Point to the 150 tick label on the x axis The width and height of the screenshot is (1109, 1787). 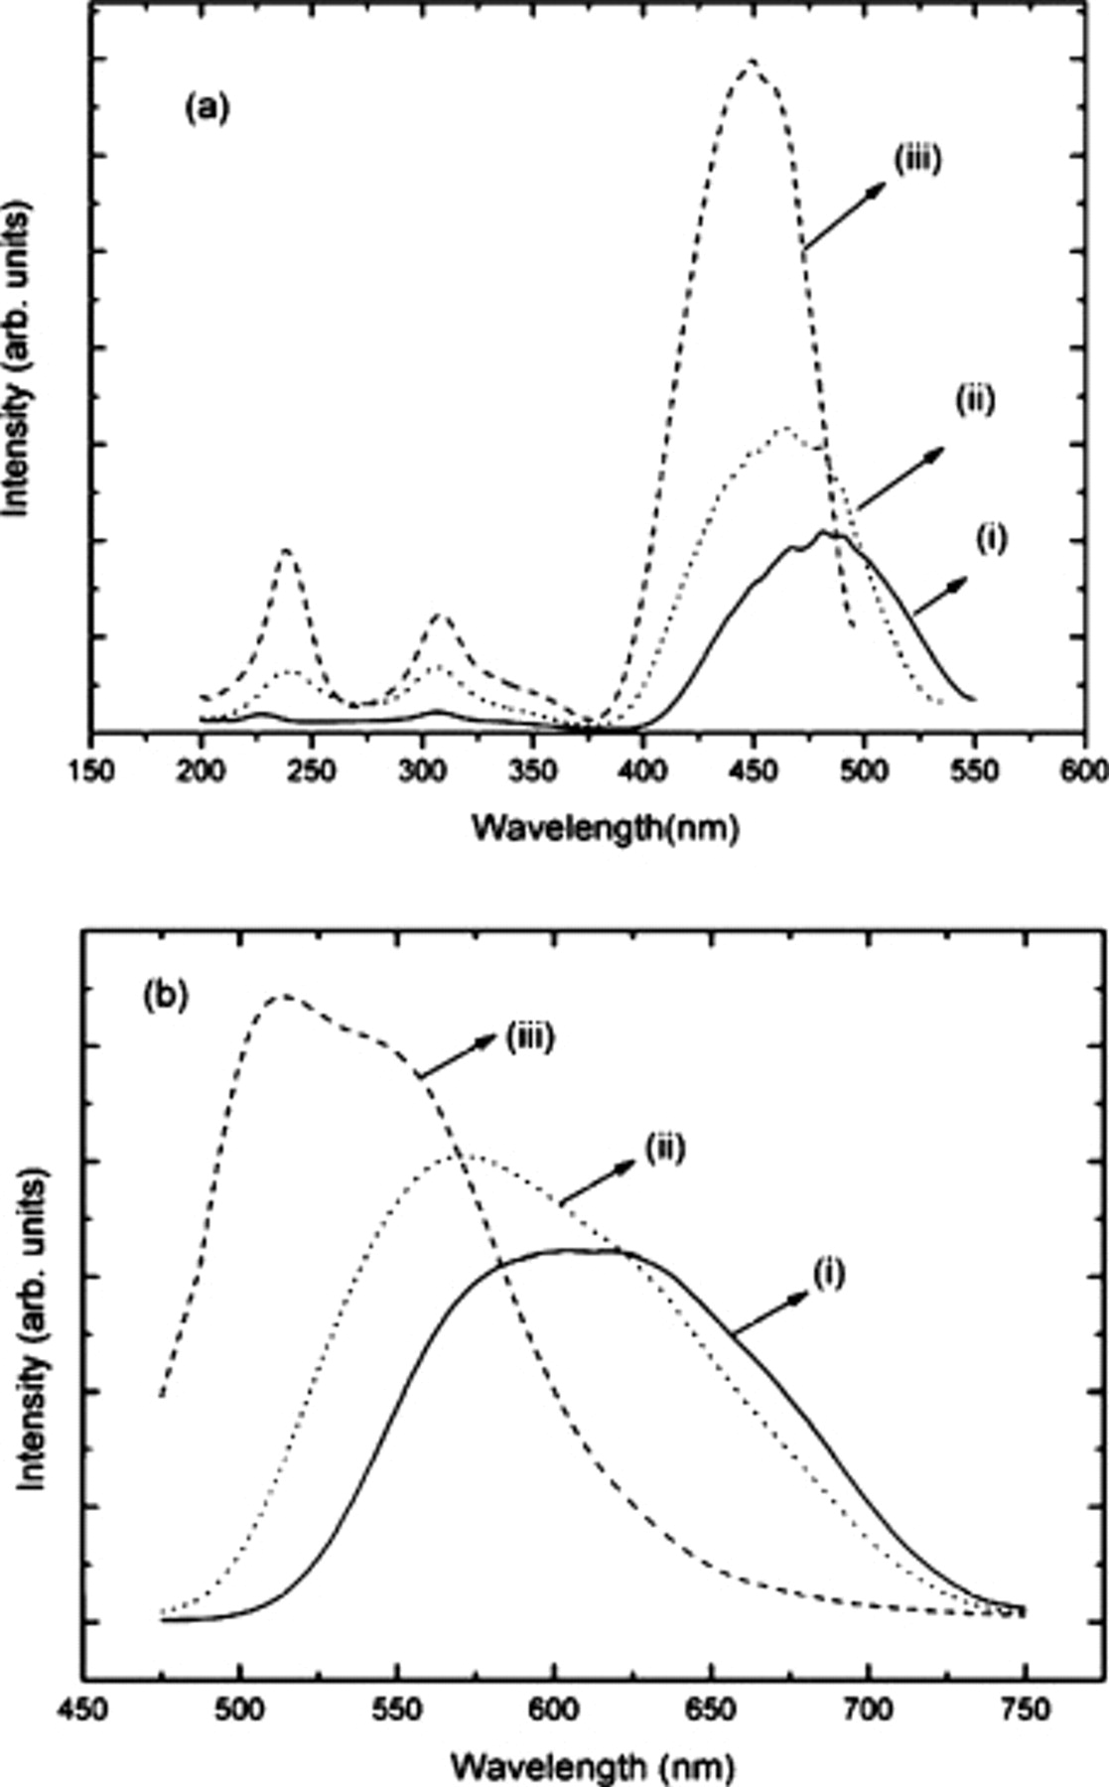click(91, 772)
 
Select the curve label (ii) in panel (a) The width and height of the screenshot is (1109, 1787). click(974, 402)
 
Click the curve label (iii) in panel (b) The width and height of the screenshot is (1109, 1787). click(528, 1039)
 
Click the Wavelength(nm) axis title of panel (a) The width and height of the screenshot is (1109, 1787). click(605, 826)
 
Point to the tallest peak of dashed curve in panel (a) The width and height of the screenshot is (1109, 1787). click(751, 62)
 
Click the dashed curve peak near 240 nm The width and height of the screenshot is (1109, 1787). click(286, 550)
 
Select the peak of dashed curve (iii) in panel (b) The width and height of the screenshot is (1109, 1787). click(283, 995)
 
